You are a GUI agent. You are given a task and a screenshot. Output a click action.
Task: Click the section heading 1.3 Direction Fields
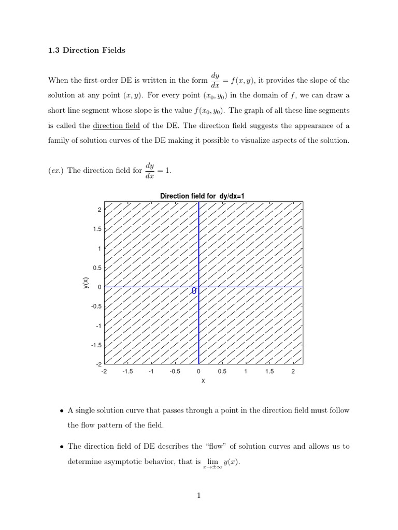pyautogui.click(x=87, y=50)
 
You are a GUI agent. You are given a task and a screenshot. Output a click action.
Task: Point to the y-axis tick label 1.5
pyautogui.click(x=96, y=229)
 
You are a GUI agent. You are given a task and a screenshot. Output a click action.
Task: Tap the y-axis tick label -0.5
pyautogui.click(x=95, y=306)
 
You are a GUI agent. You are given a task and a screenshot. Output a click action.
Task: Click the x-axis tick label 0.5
pyautogui.click(x=222, y=371)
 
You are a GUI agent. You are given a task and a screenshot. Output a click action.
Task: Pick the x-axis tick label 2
pyautogui.click(x=293, y=371)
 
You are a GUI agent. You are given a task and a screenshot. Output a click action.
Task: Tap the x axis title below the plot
pyautogui.click(x=203, y=381)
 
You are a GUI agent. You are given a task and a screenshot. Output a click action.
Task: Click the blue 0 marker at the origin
pyautogui.click(x=194, y=291)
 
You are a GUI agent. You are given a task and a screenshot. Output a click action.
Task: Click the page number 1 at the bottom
pyautogui.click(x=198, y=496)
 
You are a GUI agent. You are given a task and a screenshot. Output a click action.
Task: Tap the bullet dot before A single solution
pyautogui.click(x=62, y=411)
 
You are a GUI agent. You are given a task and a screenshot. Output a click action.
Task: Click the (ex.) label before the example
pyautogui.click(x=55, y=171)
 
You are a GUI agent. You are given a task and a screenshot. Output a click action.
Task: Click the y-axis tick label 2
pyautogui.click(x=99, y=209)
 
